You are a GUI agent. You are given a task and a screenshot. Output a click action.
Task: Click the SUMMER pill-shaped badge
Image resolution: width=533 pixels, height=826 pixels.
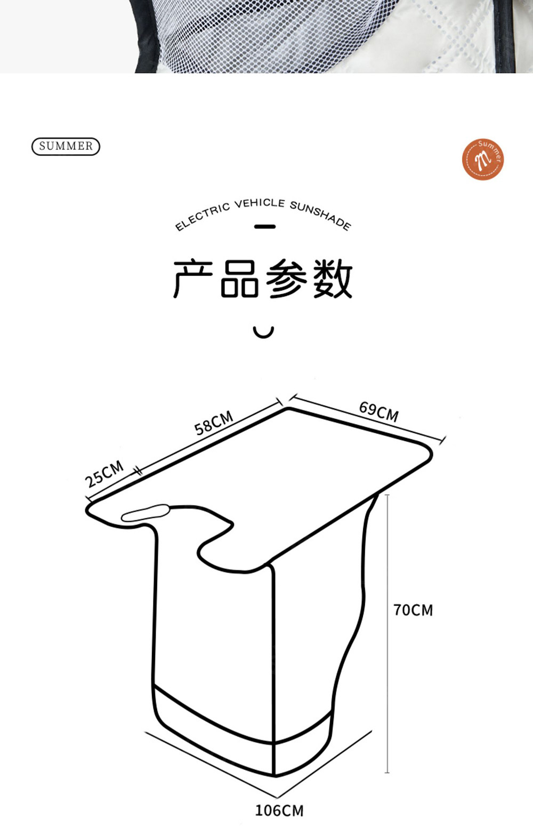[66, 146]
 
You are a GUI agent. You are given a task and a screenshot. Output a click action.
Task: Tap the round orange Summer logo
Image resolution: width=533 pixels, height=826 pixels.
[482, 159]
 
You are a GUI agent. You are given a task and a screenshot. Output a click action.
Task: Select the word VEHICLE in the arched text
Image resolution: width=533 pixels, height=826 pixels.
[260, 203]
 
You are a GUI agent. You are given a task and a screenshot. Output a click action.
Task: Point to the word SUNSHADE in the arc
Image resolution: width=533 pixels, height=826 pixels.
[320, 214]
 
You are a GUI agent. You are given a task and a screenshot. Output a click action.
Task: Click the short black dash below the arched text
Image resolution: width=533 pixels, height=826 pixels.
[264, 227]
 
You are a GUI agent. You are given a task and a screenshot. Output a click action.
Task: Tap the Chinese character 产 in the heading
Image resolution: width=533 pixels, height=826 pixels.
[192, 279]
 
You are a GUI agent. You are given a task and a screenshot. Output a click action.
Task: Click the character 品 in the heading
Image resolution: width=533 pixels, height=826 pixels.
[240, 279]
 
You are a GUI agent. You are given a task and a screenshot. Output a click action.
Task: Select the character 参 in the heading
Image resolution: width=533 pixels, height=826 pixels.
[286, 279]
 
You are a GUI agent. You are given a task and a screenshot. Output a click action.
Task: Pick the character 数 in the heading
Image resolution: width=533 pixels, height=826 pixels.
[333, 279]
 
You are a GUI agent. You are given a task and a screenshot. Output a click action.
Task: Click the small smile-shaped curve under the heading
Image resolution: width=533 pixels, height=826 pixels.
[263, 332]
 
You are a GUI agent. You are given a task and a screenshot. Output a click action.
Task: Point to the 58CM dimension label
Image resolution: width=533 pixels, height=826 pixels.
[213, 423]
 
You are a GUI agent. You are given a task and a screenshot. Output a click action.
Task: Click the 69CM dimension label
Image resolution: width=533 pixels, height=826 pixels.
[378, 411]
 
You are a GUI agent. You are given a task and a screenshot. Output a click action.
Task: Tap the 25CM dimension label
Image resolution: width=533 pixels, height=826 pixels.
[104, 473]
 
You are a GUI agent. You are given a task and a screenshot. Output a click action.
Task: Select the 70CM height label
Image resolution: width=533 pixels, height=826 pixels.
[413, 610]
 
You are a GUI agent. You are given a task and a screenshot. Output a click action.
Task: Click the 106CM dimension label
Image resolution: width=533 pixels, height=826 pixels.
[279, 811]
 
